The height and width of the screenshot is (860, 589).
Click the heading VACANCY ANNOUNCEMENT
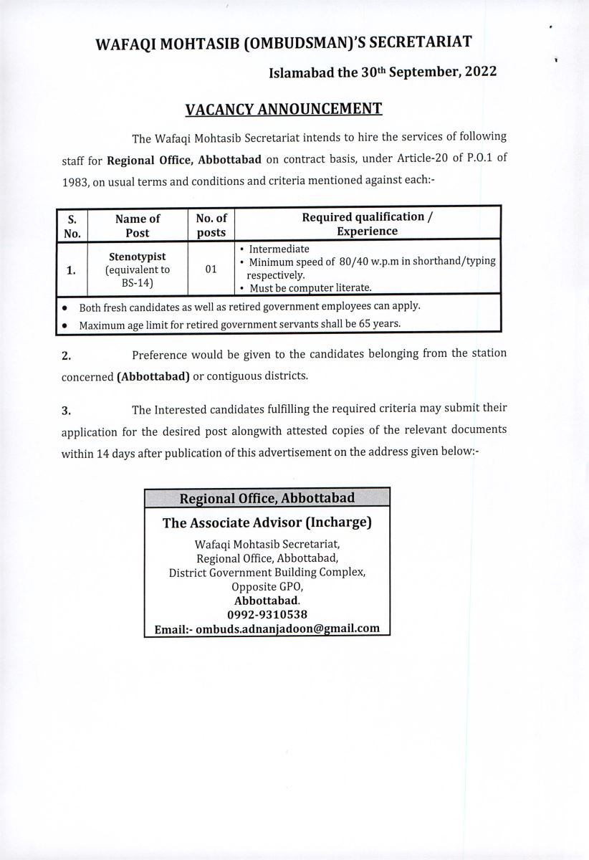pos(284,109)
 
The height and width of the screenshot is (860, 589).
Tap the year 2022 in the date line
pos(474,72)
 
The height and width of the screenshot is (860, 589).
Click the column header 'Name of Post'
pos(137,225)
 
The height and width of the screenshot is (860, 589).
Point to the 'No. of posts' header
pos(211,225)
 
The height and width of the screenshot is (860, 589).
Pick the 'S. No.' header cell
pos(72,225)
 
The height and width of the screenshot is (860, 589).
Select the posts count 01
pos(211,269)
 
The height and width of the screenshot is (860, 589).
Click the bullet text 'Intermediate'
pos(279,249)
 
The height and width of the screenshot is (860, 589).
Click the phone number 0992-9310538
pos(267,614)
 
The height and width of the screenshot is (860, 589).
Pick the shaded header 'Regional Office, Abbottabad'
pos(267,497)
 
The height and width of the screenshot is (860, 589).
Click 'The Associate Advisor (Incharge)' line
pos(267,522)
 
